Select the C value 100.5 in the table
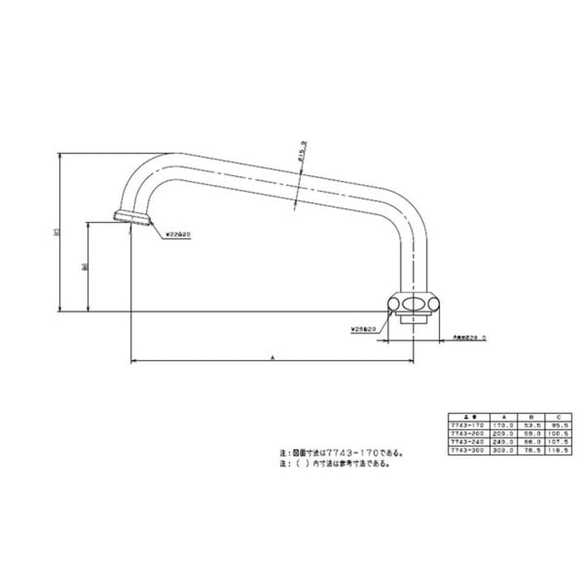tap(558, 433)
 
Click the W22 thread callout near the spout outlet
tap(177, 234)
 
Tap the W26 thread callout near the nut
tap(363, 329)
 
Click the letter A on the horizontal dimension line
tap(272, 357)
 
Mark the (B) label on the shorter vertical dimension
tap(85, 267)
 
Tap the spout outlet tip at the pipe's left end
tap(133, 216)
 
